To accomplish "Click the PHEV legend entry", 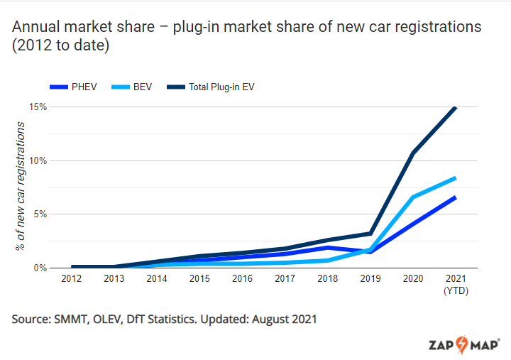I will [78, 87].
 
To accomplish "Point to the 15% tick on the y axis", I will [38, 107].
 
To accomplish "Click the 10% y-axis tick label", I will [38, 160].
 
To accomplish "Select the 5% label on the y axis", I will [40, 214].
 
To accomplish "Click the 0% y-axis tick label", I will [40, 268].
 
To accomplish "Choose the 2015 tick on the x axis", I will [200, 279].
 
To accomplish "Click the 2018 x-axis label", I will [327, 279].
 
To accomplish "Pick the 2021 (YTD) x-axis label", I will [455, 284].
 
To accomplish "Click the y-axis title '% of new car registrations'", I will [21, 187].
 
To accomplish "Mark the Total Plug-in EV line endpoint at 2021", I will [454, 108].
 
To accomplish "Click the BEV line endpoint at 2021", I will [454, 178].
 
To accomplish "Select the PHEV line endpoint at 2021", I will [454, 197].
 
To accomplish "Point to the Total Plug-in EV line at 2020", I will [412, 153].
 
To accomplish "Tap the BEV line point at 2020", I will [412, 197].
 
